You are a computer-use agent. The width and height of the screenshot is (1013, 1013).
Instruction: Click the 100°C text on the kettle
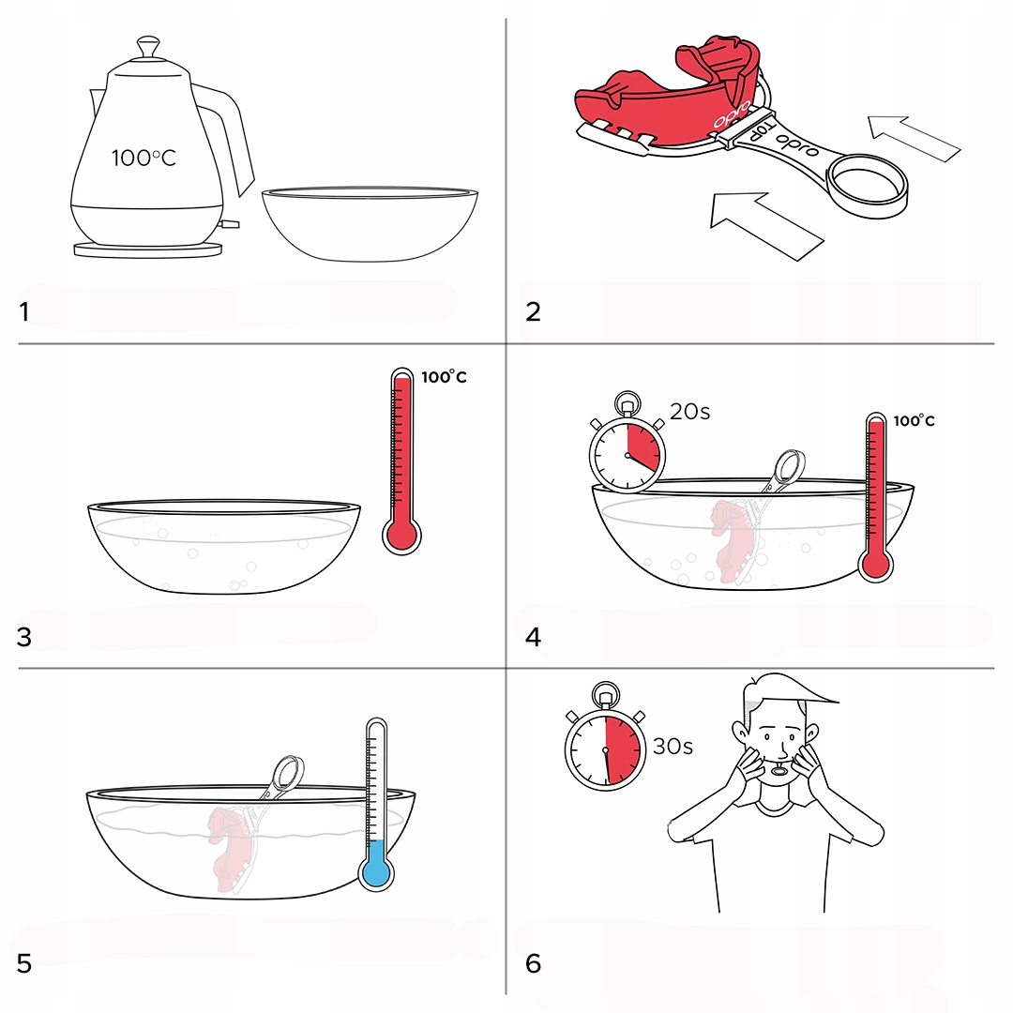(144, 158)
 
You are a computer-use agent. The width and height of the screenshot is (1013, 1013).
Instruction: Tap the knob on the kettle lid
(148, 47)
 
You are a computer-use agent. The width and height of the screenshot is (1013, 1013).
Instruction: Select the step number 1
(23, 312)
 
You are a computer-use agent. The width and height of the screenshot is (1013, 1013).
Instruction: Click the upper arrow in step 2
(914, 138)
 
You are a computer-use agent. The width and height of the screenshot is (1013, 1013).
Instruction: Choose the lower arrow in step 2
(765, 225)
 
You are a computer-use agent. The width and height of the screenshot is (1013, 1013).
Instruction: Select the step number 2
(533, 312)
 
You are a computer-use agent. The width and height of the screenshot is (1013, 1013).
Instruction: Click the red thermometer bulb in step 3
(401, 536)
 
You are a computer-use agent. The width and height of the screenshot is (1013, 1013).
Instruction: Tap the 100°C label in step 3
(444, 377)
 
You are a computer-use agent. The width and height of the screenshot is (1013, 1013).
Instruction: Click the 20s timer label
(689, 412)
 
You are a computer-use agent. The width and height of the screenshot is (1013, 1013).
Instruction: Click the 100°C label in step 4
(914, 420)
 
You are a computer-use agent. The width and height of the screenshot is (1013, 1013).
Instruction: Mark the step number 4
(533, 638)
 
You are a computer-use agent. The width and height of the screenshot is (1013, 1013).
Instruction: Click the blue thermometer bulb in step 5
(376, 873)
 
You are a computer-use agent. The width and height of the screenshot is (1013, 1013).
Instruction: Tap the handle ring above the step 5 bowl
(288, 771)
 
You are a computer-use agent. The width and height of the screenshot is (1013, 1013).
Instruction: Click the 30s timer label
(673, 747)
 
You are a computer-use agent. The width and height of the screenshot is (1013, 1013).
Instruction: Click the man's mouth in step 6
(779, 770)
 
